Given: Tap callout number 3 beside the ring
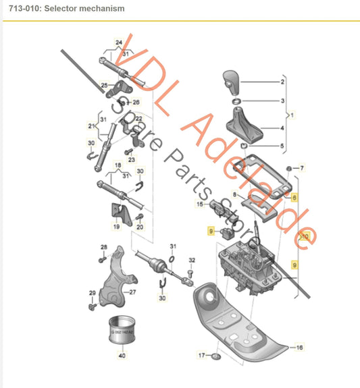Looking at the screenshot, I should point(283,101).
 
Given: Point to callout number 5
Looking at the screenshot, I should point(283,146).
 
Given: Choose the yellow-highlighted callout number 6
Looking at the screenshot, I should point(294,196).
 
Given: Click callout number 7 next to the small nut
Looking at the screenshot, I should point(302,167).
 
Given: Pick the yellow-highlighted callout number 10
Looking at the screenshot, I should point(305,237).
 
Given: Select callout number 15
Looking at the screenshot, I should point(200,204).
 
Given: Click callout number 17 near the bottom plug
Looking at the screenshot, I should point(201,354).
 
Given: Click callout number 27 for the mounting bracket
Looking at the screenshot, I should point(133,292).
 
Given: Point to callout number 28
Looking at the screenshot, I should point(104,247).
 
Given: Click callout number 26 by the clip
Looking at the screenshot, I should point(136,102).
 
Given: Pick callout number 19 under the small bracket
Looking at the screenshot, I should point(115,227).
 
